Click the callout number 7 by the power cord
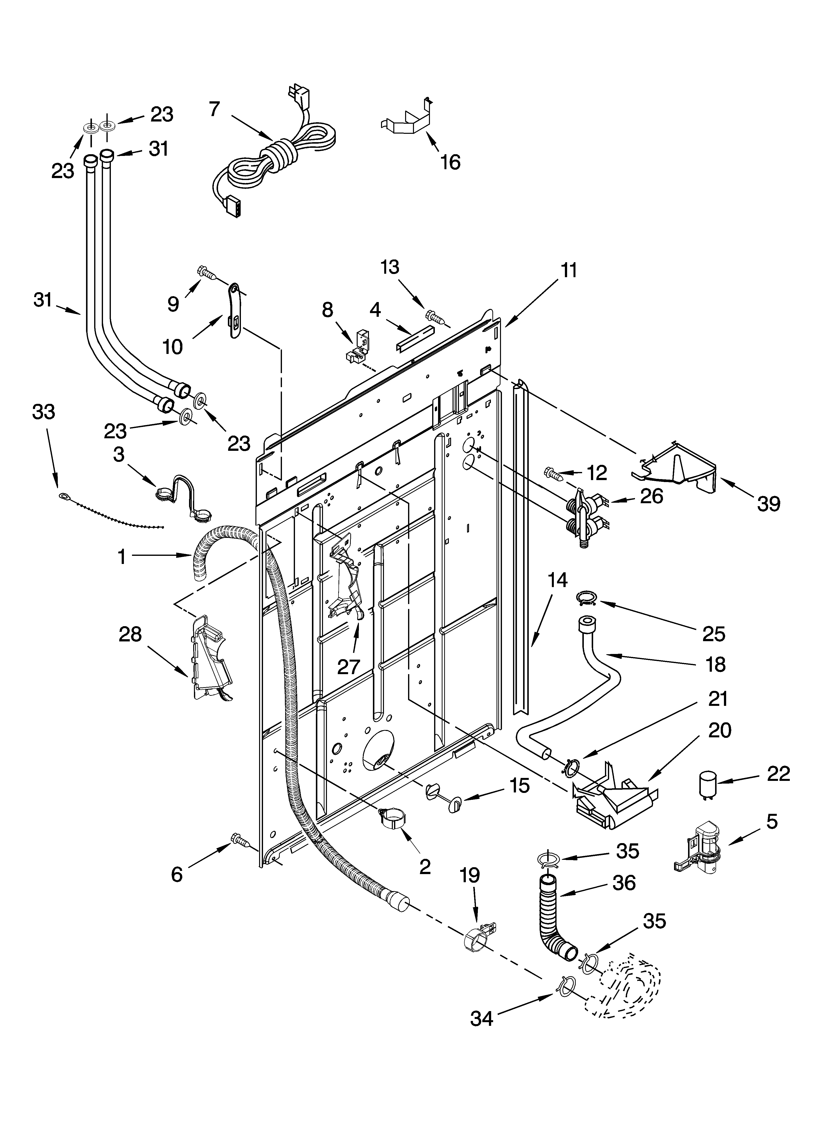[x=215, y=109]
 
